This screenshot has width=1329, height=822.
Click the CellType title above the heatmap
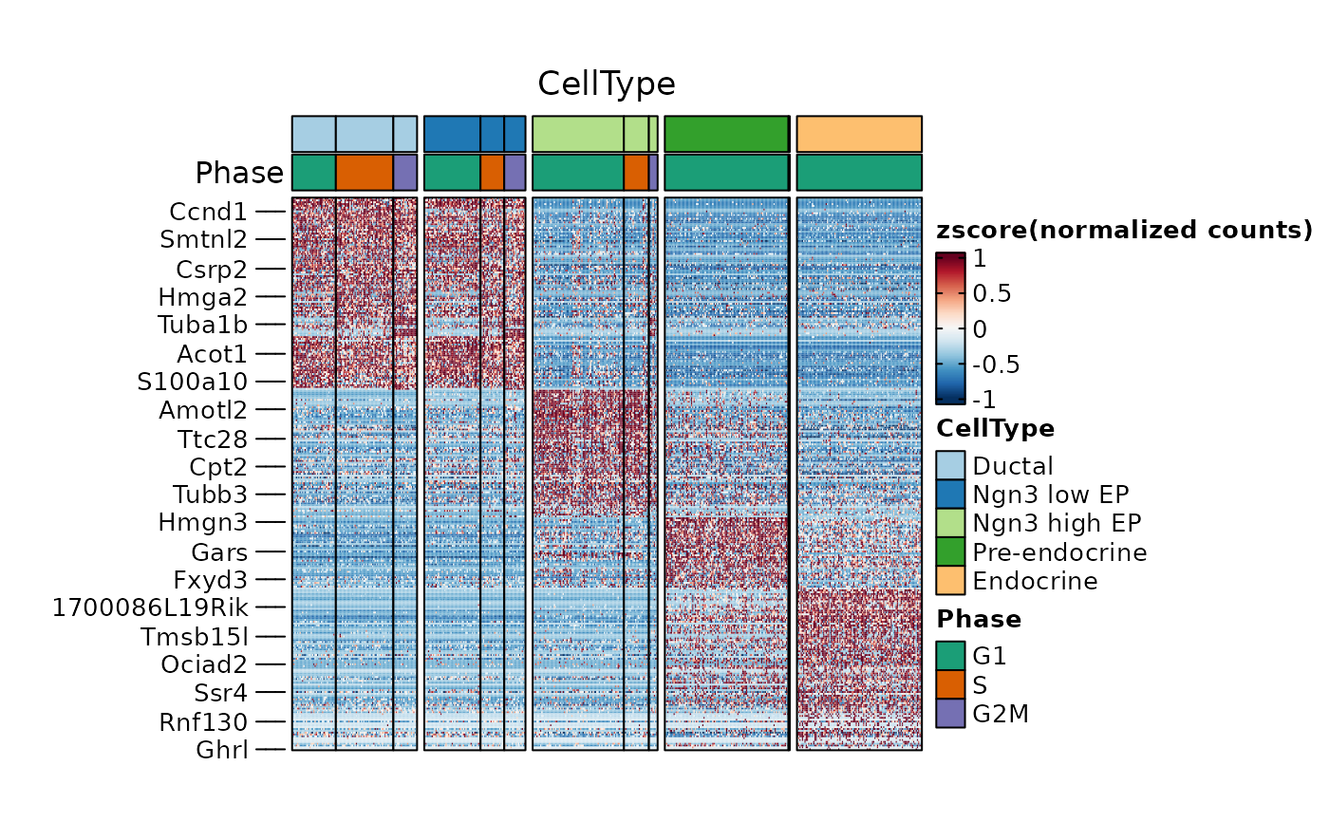pyautogui.click(x=607, y=84)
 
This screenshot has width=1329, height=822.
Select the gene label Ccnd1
pyautogui.click(x=208, y=211)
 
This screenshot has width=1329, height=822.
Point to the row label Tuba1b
pyautogui.click(x=202, y=325)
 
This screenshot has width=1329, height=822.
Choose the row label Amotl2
pyautogui.click(x=202, y=410)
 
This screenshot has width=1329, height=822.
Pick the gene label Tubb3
pyautogui.click(x=209, y=495)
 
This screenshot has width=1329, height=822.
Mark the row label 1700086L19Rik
pyautogui.click(x=149, y=607)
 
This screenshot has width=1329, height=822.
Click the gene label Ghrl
pyautogui.click(x=221, y=750)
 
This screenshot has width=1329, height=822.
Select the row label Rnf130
pyautogui.click(x=203, y=722)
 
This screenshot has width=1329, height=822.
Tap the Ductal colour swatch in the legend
pyautogui.click(x=950, y=466)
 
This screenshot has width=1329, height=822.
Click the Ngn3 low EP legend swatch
pyautogui.click(x=950, y=495)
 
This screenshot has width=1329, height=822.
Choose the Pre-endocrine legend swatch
pyautogui.click(x=950, y=551)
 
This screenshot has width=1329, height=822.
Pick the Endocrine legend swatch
pyautogui.click(x=950, y=580)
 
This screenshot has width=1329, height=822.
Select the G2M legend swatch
pyautogui.click(x=950, y=713)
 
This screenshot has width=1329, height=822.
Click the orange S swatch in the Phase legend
pyautogui.click(x=950, y=684)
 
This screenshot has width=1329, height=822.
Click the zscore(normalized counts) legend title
pyautogui.click(x=1124, y=230)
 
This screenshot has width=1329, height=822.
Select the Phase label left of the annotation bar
pyautogui.click(x=238, y=174)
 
